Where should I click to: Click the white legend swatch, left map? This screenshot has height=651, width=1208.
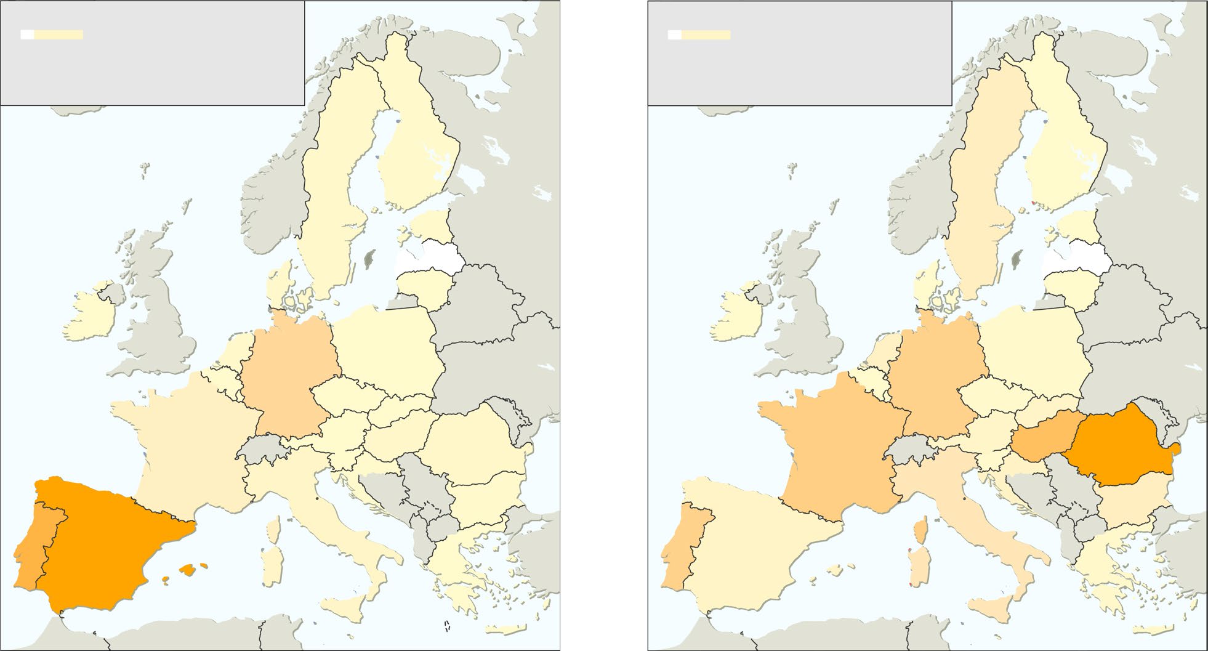point(27,34)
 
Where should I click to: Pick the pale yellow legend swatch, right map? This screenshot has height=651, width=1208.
point(706,34)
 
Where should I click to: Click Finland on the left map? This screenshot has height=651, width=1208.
point(419,154)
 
